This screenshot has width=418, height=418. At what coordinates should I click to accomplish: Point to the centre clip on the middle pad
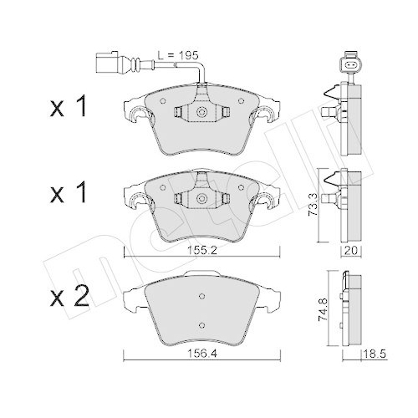[x=201, y=198]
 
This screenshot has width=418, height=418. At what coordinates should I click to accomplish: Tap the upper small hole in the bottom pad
[x=201, y=294]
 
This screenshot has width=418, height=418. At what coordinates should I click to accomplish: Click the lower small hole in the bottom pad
[x=201, y=325]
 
